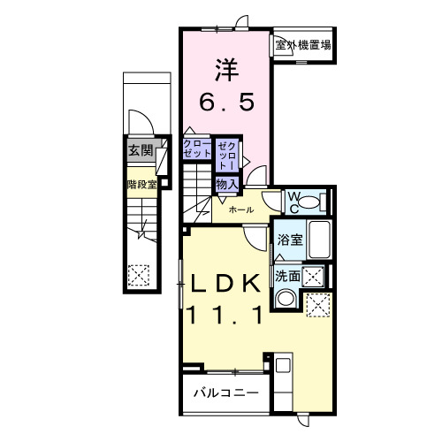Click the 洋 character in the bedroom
tap(225, 69)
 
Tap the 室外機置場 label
tap(301, 45)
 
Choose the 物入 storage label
tap(225, 183)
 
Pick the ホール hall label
tap(241, 210)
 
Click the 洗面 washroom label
tap(286, 275)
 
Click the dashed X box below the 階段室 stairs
tap(139, 276)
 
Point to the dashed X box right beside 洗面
tap(312, 275)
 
